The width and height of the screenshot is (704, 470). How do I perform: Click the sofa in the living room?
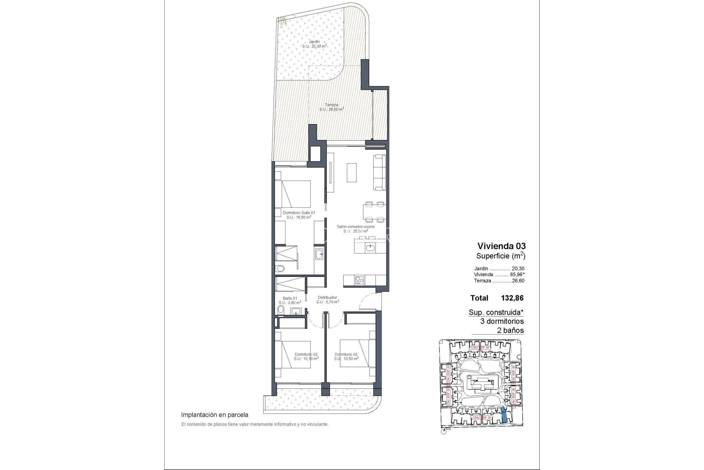pos(380,173)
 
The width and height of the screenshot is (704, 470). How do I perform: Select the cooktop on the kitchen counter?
pos(359,280)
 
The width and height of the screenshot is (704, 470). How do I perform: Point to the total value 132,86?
pos(512,298)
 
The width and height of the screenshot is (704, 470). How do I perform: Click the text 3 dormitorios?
pos(502,321)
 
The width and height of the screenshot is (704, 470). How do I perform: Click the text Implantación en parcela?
pos(214,415)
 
